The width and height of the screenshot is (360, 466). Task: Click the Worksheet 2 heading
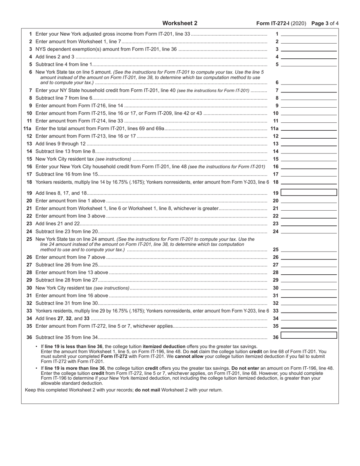point(180,23)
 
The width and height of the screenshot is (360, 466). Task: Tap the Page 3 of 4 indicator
point(325,23)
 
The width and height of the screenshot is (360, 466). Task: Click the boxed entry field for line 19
point(309,193)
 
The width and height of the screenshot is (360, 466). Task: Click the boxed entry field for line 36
point(309,335)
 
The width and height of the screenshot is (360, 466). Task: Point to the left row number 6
point(30,72)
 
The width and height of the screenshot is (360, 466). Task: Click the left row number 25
point(29,239)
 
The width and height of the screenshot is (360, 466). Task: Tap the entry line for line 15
point(309,159)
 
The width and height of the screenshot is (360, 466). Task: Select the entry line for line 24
point(309,231)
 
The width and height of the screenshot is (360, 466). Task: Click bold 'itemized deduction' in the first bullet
point(164,346)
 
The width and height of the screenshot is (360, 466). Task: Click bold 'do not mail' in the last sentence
point(148,390)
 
